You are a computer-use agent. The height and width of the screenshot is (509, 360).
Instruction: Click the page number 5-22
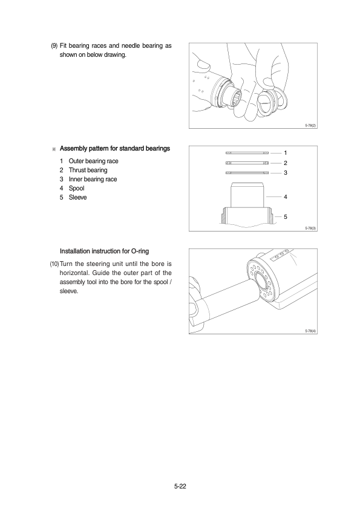coord(180,486)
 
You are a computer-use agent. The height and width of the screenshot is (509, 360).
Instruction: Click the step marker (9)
coord(54,46)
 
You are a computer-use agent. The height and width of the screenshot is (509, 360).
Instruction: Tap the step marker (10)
coord(54,264)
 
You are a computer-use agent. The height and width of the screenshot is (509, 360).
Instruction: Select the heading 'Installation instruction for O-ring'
coord(104,251)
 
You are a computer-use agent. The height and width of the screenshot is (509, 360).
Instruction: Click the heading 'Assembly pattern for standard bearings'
coord(115,149)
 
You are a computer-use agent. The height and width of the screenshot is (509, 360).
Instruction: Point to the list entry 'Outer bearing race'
coord(94,161)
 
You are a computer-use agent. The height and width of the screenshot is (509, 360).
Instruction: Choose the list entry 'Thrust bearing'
coord(88,170)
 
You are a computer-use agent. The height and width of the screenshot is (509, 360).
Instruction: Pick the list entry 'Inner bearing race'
coord(93,180)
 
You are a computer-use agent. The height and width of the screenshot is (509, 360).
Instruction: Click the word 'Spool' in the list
coord(77,189)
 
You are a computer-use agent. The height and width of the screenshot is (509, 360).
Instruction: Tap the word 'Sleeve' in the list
coord(77,198)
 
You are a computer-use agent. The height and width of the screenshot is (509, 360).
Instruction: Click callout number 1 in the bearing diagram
coord(285,153)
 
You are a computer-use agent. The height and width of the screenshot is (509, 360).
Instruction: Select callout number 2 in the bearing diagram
coord(285,163)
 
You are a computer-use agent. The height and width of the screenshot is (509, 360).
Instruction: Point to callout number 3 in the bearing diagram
coord(285,173)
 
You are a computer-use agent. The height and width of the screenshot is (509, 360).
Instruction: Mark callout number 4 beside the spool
coord(285,196)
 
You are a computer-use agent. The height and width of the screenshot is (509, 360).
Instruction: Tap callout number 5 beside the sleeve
coord(285,217)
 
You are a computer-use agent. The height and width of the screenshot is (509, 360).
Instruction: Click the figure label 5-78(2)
coord(310,126)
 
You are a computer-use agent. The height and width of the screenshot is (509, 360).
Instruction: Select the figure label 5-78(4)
coord(310,331)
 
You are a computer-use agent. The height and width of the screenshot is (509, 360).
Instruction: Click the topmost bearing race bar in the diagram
coord(247,153)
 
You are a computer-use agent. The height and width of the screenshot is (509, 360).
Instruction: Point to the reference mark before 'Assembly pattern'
coord(54,149)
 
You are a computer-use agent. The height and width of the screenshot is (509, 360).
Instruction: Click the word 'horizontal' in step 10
coord(73,273)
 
